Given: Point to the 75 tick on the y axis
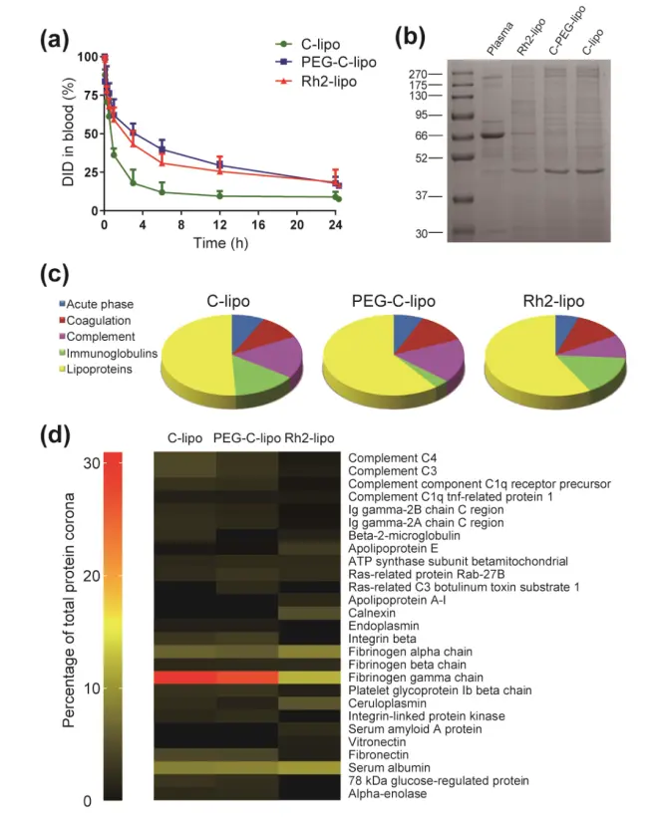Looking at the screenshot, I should (x=88, y=96).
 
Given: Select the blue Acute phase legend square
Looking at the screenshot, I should (x=63, y=304).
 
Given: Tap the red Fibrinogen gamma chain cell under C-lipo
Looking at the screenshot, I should (x=184, y=678).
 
